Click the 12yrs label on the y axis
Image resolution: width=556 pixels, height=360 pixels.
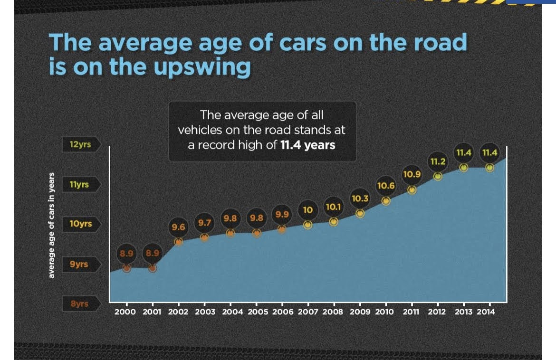click(x=81, y=144)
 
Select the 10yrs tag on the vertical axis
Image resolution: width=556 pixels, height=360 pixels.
click(x=81, y=224)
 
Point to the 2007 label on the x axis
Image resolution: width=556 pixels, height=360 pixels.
click(x=308, y=312)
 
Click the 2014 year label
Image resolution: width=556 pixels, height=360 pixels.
click(x=486, y=312)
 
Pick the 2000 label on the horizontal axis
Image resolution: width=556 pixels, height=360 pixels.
click(x=125, y=312)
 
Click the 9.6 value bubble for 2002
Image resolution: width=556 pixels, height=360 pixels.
click(x=178, y=227)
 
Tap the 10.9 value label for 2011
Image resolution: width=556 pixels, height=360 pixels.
click(x=412, y=174)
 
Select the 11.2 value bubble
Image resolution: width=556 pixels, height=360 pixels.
click(x=438, y=161)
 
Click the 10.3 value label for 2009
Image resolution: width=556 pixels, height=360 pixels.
click(x=360, y=199)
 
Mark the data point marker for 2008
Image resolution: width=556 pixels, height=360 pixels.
click(x=334, y=222)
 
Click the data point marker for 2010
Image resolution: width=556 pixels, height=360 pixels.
click(x=386, y=201)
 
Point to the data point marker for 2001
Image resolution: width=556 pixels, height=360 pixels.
click(x=153, y=268)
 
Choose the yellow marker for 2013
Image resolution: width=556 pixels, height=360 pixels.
click(x=464, y=168)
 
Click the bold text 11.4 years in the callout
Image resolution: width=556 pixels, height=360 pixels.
click(x=308, y=145)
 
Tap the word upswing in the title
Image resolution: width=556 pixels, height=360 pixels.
click(x=202, y=67)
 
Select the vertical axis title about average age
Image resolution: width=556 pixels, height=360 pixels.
click(x=51, y=225)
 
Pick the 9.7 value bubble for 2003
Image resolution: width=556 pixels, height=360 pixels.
click(x=205, y=223)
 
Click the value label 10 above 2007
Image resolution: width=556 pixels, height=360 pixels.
click(x=308, y=210)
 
